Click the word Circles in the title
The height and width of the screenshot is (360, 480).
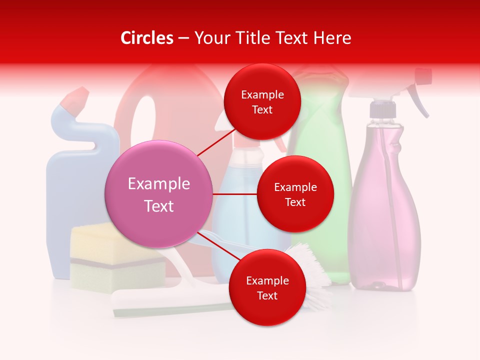146,38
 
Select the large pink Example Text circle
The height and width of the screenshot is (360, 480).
159,194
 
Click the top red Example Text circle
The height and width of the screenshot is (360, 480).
262,102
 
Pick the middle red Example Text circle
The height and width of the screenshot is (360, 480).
295,194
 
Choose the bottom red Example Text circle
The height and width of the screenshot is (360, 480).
267,288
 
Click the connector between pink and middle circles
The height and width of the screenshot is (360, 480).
235,194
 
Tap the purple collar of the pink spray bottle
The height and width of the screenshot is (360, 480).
382,108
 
